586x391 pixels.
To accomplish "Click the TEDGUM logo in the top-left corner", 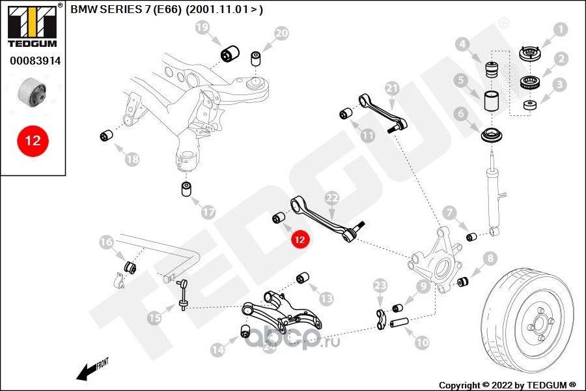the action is click(x=33, y=26).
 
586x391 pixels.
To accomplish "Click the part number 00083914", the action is click(x=35, y=61).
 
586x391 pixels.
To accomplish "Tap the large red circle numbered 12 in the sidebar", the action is click(x=33, y=141).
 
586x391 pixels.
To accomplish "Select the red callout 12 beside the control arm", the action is click(x=300, y=239).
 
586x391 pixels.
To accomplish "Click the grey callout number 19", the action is click(x=202, y=27).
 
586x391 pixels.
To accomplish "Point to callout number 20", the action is click(x=281, y=33).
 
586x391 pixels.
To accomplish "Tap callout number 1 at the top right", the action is click(x=560, y=29).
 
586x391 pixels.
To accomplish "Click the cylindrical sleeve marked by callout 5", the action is click(x=492, y=101).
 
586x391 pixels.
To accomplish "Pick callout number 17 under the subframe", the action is click(x=208, y=212).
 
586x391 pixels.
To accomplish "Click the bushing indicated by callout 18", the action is click(x=107, y=135).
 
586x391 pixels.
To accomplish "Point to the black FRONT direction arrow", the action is click(x=87, y=371).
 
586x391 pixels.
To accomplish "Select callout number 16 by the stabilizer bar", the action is click(x=106, y=242).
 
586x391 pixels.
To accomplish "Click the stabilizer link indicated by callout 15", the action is click(x=183, y=295).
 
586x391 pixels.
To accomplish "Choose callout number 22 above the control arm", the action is click(x=332, y=198).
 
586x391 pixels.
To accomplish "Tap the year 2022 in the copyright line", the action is click(x=501, y=385).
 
